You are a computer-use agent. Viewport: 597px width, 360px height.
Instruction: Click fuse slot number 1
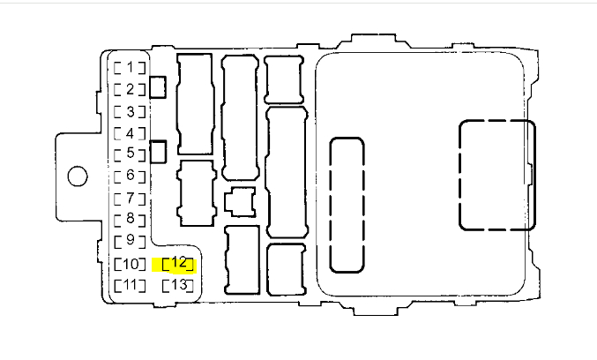[130, 67]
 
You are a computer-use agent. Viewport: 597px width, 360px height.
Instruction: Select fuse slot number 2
[130, 89]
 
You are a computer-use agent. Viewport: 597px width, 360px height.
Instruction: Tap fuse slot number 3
[130, 111]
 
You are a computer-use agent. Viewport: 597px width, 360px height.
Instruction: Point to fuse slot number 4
[130, 133]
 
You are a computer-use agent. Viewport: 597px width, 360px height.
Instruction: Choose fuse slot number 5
[130, 154]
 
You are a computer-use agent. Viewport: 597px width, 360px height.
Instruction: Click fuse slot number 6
[130, 176]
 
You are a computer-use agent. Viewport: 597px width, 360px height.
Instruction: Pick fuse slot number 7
[130, 198]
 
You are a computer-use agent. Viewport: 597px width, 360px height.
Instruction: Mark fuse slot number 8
[130, 218]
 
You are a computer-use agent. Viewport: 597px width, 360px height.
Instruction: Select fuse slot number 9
[130, 239]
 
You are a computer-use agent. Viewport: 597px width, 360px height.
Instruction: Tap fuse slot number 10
[130, 264]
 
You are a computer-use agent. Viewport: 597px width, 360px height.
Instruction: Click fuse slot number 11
[130, 285]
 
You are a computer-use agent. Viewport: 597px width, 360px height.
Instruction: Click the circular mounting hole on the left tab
[78, 176]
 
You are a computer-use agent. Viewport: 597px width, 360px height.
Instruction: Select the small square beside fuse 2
[159, 86]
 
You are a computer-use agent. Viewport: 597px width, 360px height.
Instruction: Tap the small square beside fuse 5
[159, 152]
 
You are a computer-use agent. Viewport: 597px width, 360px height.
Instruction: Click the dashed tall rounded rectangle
[347, 205]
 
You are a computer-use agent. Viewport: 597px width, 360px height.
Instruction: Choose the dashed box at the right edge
[496, 175]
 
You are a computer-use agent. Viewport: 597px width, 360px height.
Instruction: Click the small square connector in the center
[239, 201]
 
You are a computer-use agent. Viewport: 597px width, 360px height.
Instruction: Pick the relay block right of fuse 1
[195, 105]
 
